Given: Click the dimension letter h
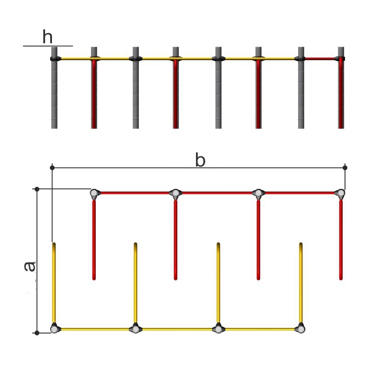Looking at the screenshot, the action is point(47,37).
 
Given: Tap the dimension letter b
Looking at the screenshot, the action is point(200,161).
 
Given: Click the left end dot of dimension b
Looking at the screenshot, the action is point(53,167).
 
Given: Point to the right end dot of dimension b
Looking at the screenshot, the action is point(345,167).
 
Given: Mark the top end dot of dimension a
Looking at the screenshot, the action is point(37,189).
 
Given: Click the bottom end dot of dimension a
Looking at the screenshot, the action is point(37,332).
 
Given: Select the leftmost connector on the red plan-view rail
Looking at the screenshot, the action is point(95,193).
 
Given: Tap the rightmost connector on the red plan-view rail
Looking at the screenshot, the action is point(340,193).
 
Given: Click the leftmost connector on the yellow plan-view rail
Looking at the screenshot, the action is point(54,329).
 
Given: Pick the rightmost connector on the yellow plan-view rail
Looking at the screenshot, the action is point(301,329).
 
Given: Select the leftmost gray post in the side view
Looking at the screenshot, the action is point(54,92).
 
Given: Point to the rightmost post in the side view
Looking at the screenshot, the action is point(341,92).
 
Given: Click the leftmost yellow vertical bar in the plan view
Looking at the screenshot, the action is point(54,283).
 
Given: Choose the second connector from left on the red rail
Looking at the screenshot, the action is point(175,193).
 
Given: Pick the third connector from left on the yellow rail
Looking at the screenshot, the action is point(218,329).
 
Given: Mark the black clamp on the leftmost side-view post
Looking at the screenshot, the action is point(54,59).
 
